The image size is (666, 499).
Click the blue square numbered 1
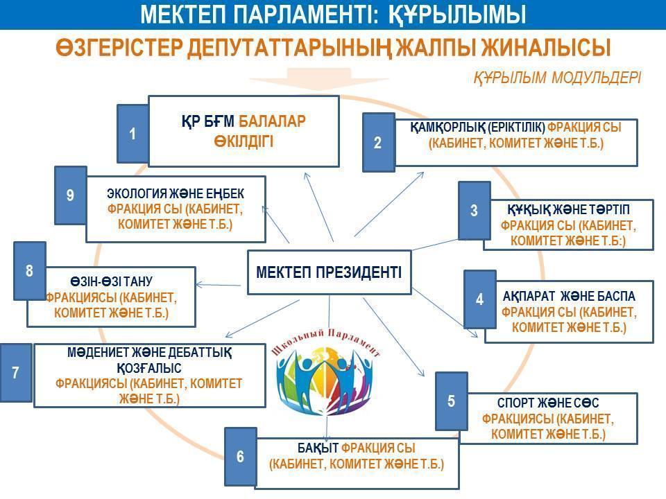coord(133,134)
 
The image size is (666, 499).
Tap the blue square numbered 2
coord(378,143)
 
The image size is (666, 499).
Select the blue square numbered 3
coord(474,211)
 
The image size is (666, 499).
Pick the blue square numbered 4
coord(479,299)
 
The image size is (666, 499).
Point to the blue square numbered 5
coord(451,401)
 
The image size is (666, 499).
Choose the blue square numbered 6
coord(241,457)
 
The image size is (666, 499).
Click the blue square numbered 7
coord(16,373)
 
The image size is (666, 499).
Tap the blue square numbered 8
coord(29,271)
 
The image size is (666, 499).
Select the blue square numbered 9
coord(71,195)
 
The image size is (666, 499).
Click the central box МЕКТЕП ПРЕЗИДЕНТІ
coord(329,272)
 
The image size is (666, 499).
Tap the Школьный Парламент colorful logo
coord(326,371)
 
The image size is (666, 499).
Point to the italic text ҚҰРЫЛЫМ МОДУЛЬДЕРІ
coord(557,78)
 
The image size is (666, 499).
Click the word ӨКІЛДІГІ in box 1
coord(244,141)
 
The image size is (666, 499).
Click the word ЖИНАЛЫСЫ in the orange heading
coord(546,47)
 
